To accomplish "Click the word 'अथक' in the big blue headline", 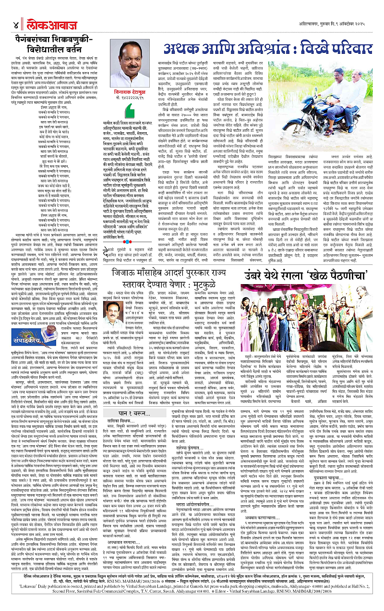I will (184, 50).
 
